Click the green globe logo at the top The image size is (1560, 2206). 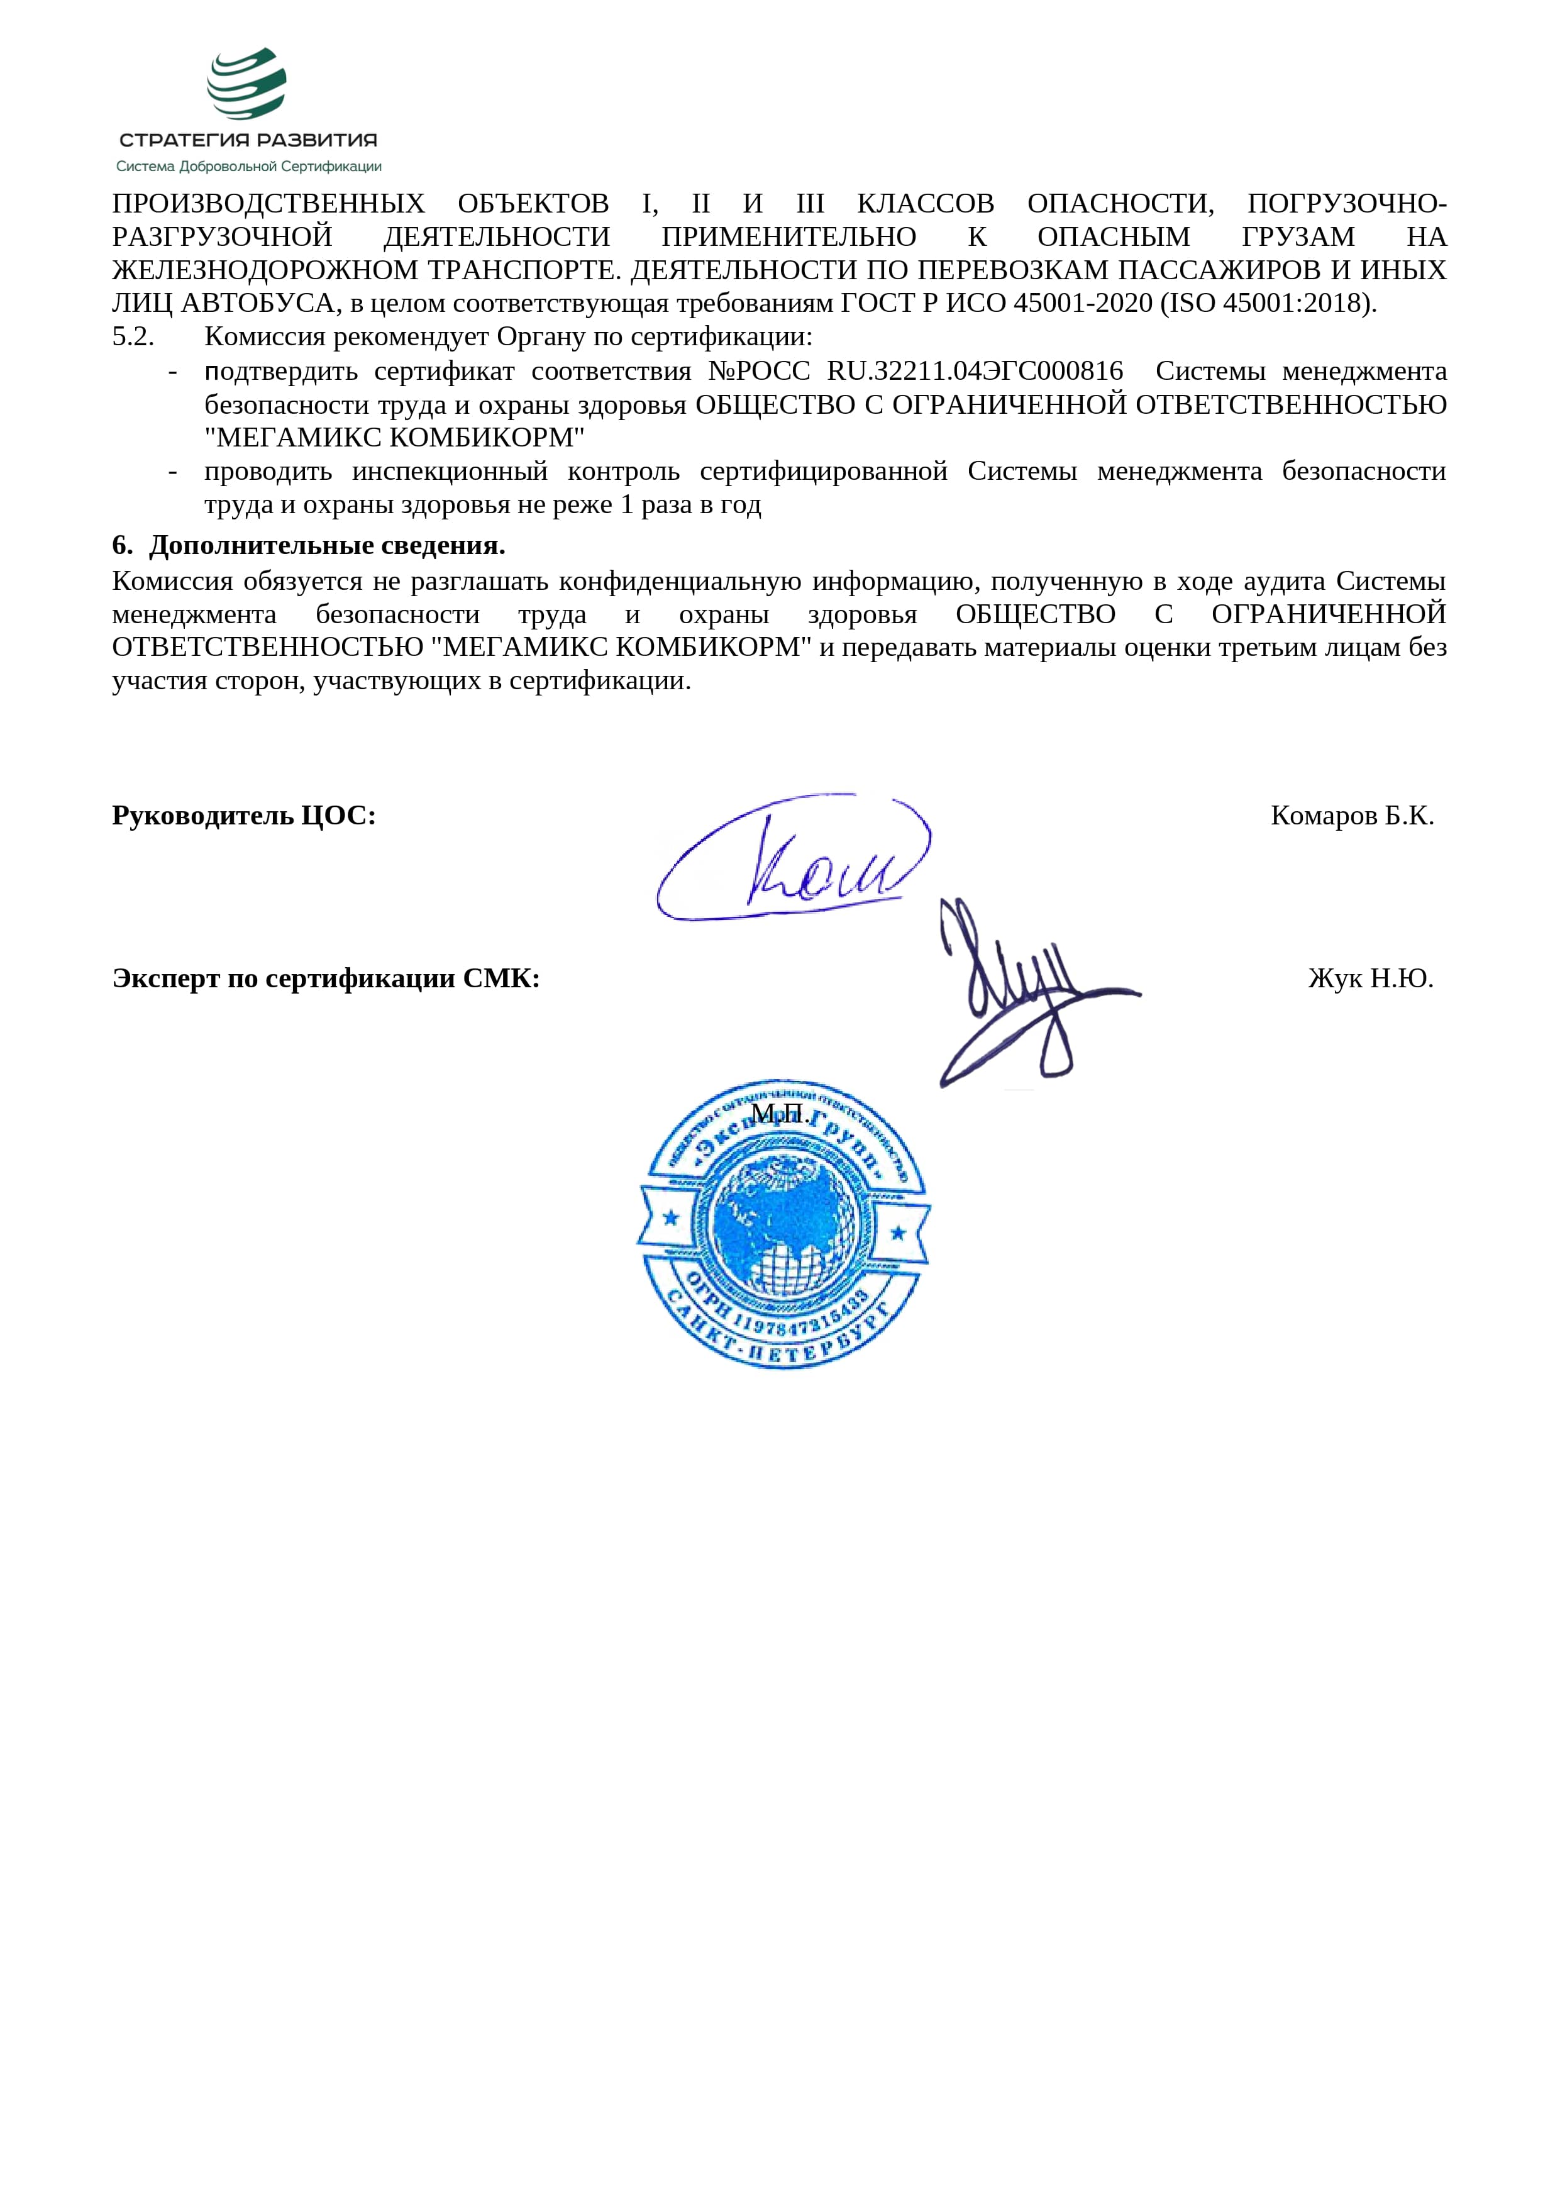pyautogui.click(x=247, y=84)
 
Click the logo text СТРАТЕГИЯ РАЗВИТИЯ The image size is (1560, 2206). pyautogui.click(x=248, y=140)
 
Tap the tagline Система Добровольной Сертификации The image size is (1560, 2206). pyautogui.click(x=249, y=166)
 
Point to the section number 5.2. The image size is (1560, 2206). pyautogui.click(x=133, y=337)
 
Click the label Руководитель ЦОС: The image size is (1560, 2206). pyautogui.click(x=244, y=815)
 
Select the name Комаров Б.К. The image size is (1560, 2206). pyautogui.click(x=1351, y=815)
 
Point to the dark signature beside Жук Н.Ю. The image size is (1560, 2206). pyautogui.click(x=1023, y=990)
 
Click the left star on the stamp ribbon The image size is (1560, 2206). pyautogui.click(x=670, y=1217)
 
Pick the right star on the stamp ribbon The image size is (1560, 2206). pyautogui.click(x=898, y=1232)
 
